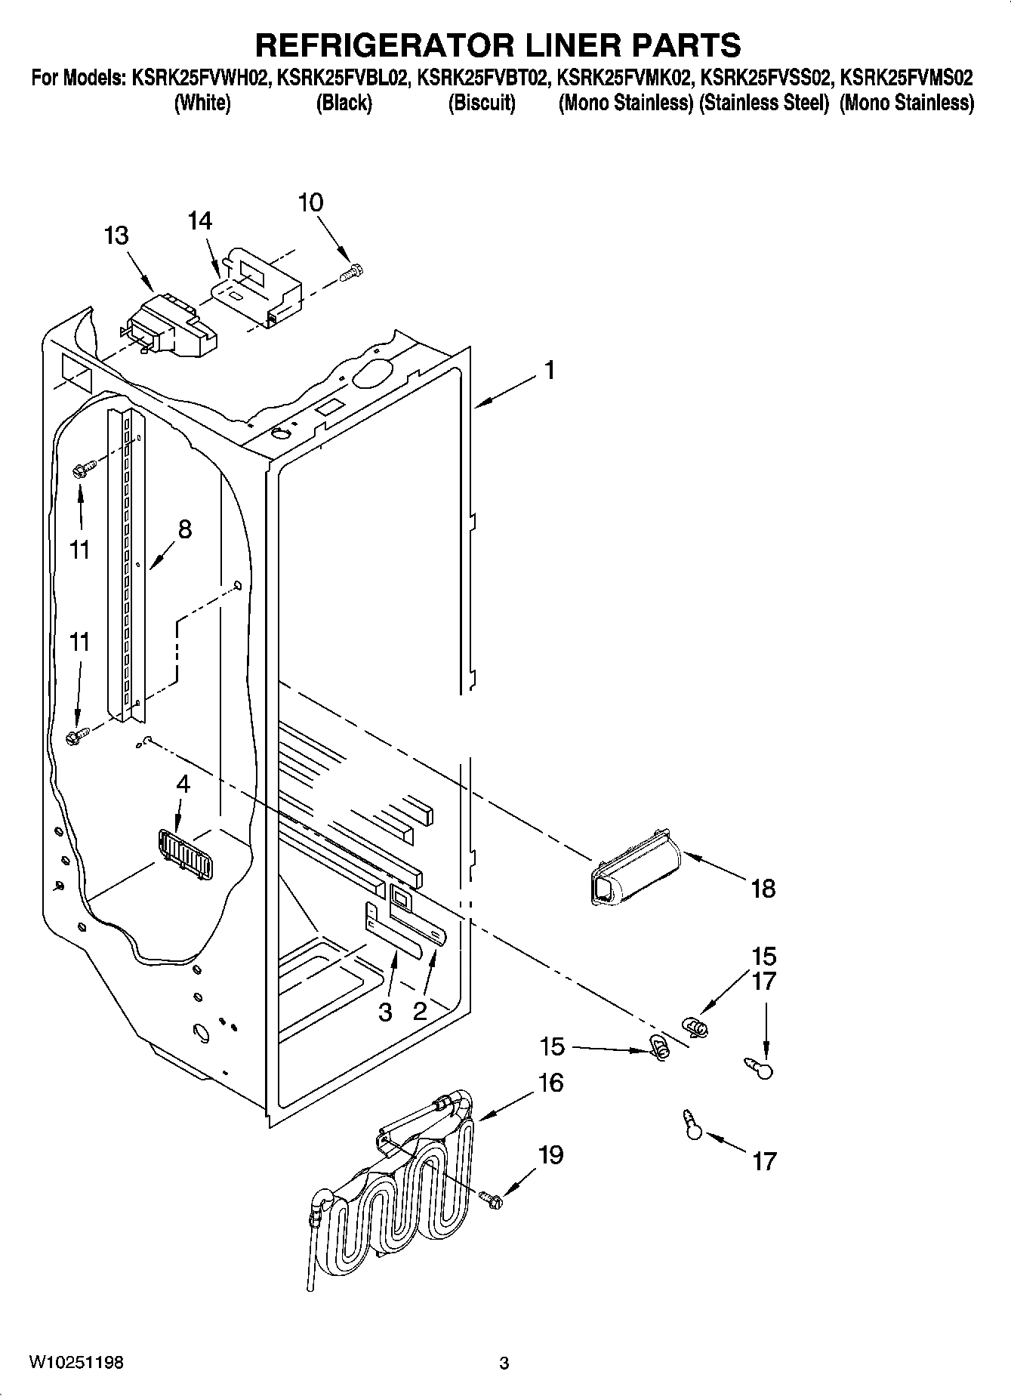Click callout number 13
coord(116,236)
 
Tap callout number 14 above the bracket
coord(200,221)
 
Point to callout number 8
coord(184,529)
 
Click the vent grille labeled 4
coord(184,853)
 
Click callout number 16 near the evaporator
coord(551,1082)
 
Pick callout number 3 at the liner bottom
coord(385,1012)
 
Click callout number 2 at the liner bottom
coord(420,1012)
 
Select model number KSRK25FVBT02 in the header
coord(482,77)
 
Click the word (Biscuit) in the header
coord(482,103)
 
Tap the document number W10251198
coord(76,1362)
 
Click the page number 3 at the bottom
coord(504,1363)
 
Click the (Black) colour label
coord(344,103)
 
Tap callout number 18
coord(764,888)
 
